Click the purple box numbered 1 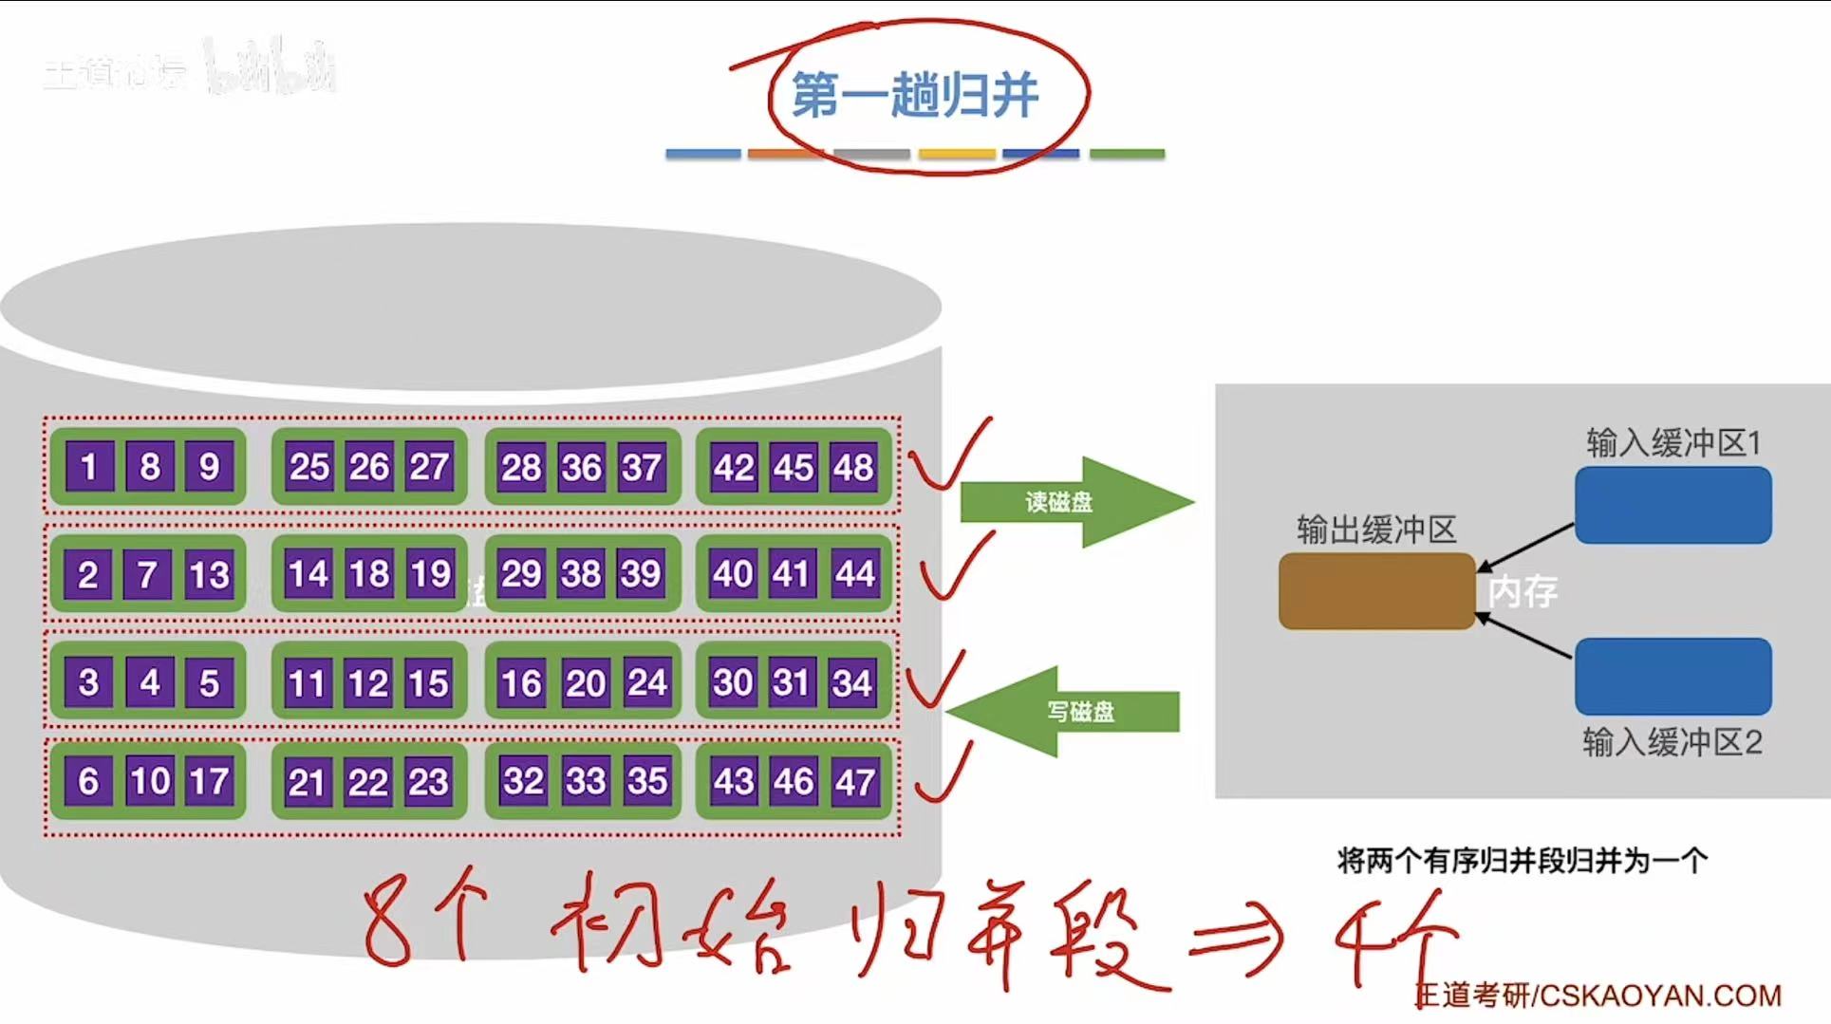click(x=89, y=466)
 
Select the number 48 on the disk click(x=853, y=467)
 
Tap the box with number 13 click(x=209, y=574)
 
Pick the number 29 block click(x=521, y=573)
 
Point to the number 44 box click(x=854, y=573)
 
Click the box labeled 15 click(x=428, y=683)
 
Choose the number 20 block click(x=586, y=683)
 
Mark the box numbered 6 click(x=88, y=781)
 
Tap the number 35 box click(x=647, y=781)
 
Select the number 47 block click(x=854, y=782)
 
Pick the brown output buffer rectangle click(x=1376, y=591)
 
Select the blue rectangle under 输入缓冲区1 click(x=1672, y=505)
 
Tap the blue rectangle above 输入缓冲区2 click(x=1672, y=676)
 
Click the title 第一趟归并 click(x=915, y=95)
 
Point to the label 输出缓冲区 click(x=1376, y=530)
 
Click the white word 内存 click(x=1523, y=591)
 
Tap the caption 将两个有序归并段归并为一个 click(x=1523, y=861)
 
